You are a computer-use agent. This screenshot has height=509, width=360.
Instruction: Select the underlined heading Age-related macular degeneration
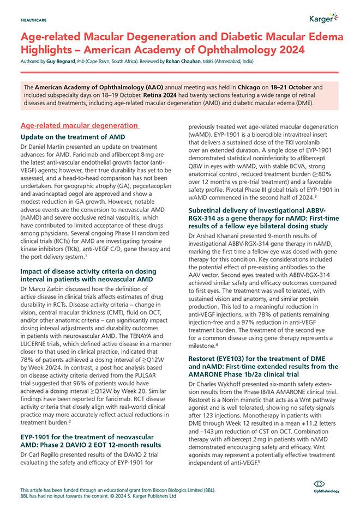coord(79,125)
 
